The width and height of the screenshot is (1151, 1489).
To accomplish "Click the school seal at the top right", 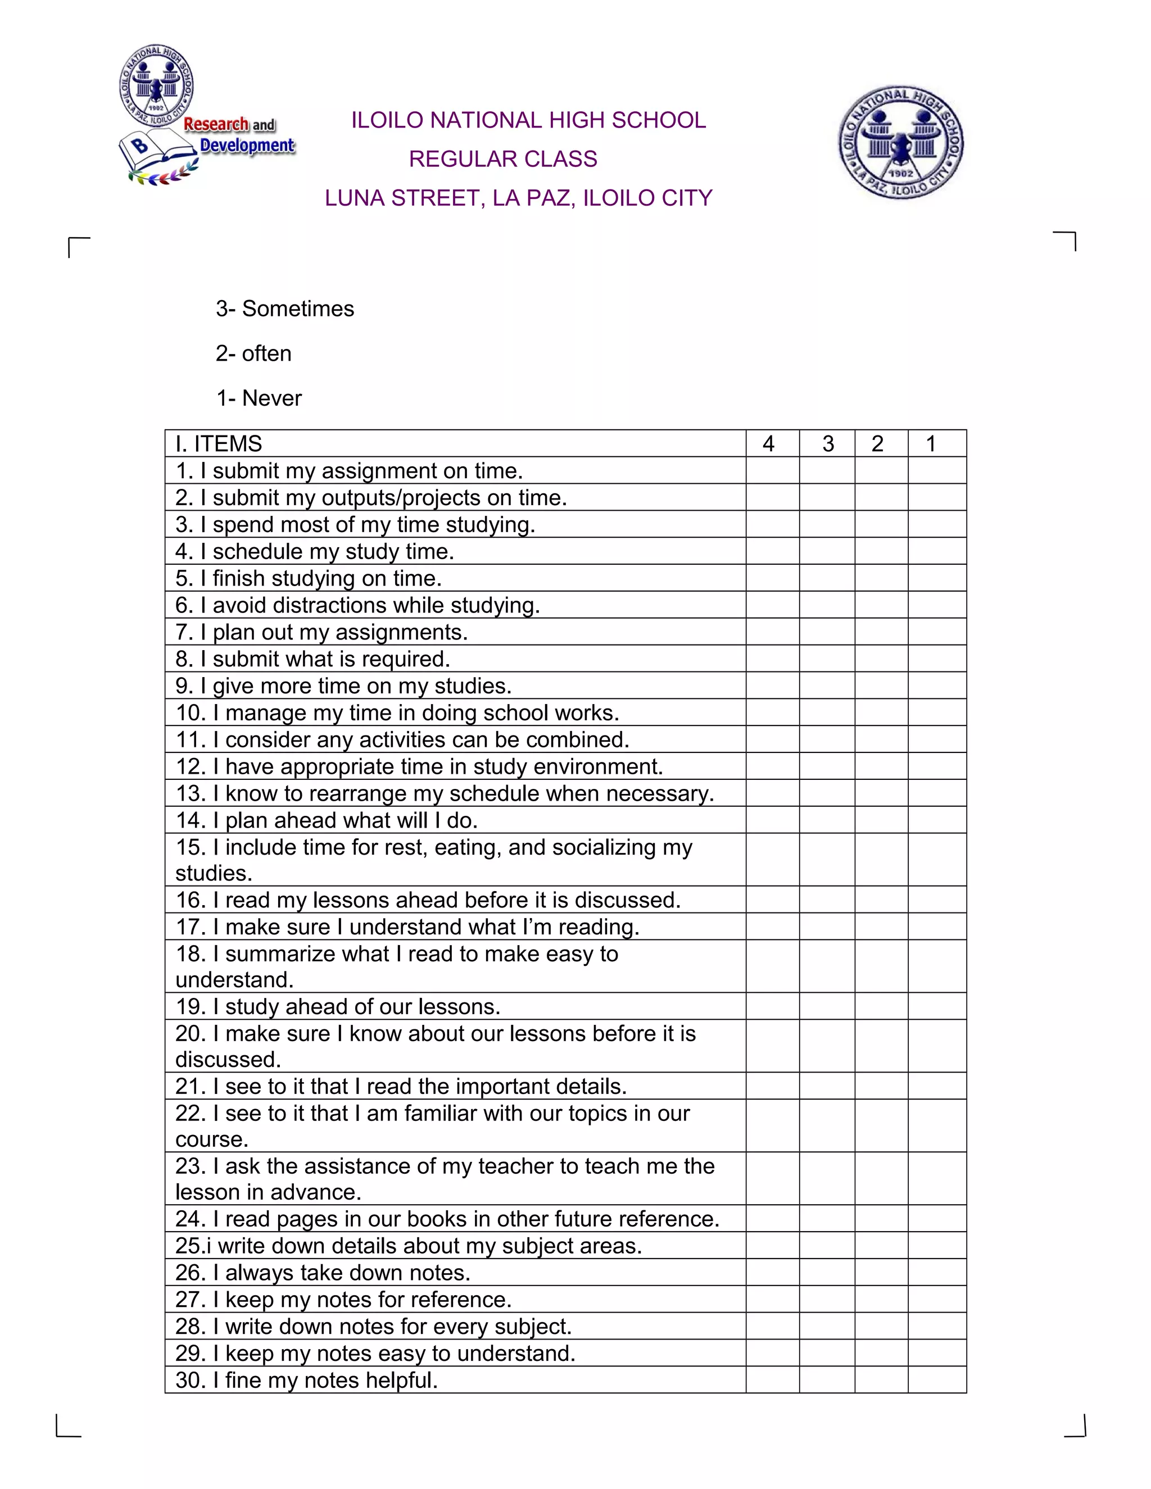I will (x=900, y=143).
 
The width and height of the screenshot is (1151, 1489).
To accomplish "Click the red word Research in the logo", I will (x=216, y=124).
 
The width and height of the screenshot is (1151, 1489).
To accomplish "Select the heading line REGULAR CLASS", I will (x=502, y=159).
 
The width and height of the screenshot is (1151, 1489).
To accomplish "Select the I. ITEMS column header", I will (x=219, y=443).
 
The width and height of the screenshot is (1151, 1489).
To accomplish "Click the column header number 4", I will (x=768, y=443).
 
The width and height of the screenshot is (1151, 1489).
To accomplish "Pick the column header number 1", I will (x=930, y=443).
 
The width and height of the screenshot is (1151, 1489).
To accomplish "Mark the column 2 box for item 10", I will (x=881, y=712).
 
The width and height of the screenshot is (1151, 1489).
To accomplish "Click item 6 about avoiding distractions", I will (x=357, y=605).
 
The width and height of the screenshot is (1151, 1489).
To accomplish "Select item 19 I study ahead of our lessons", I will (x=338, y=1006).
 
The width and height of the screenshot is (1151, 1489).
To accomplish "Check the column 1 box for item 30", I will (x=937, y=1380).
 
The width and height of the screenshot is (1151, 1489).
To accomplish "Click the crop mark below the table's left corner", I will (x=67, y=1426).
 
